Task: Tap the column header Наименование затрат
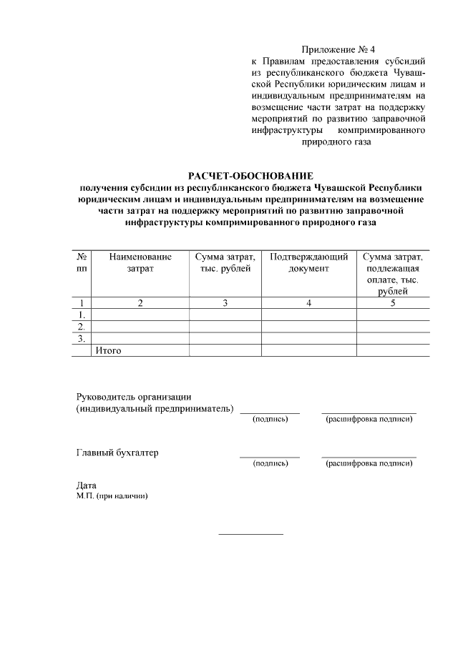coord(140,262)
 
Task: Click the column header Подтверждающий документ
coord(308,262)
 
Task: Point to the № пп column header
coord(82,262)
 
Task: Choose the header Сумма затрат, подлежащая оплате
coord(393,274)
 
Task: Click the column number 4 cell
coord(308,303)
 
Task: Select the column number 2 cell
coord(140,303)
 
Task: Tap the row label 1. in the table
coord(82,315)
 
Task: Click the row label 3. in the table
coord(82,338)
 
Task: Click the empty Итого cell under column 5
coord(393,350)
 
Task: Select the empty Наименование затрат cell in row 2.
coord(140,327)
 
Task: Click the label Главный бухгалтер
coord(117,453)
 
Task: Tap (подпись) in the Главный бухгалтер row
coord(270,463)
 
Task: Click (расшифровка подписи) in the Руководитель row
coord(369,419)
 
